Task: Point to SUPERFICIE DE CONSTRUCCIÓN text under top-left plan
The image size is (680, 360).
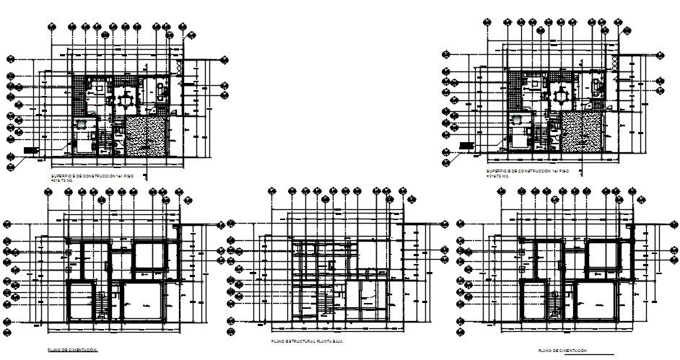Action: click(92, 175)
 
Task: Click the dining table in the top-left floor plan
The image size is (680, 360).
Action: click(126, 97)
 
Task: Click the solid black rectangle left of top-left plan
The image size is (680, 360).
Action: click(30, 150)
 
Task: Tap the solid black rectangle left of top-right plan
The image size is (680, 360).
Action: click(466, 145)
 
